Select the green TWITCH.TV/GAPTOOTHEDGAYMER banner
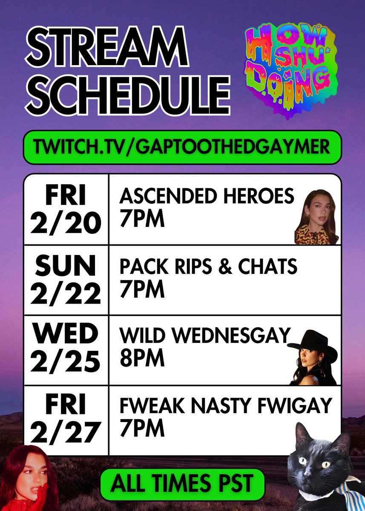[x=182, y=147]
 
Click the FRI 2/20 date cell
[x=66, y=210]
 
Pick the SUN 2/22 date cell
[x=66, y=280]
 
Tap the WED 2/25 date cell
[x=66, y=350]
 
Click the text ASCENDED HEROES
[x=207, y=197]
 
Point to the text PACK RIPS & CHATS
[x=208, y=267]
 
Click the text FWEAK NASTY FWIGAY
[x=225, y=406]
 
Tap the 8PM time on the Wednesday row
[x=142, y=359]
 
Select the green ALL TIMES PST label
[x=182, y=484]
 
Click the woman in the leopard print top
[x=318, y=217]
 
